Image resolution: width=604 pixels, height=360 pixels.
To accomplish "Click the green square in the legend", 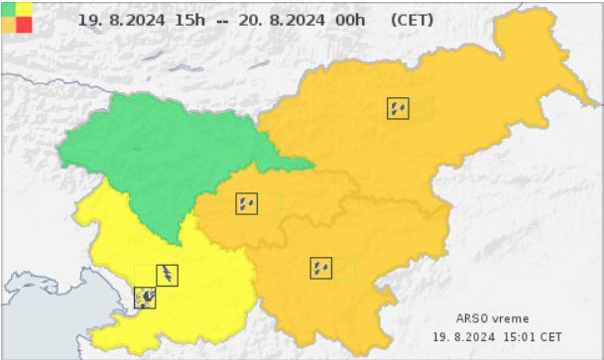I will point(9,8).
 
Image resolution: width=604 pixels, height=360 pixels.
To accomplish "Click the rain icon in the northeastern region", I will point(398,109).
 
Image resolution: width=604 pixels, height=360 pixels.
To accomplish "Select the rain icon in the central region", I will point(246,204).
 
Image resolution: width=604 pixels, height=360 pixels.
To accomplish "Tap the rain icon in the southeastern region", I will point(320,268).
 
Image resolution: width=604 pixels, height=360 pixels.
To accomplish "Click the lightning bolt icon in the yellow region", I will point(169,275).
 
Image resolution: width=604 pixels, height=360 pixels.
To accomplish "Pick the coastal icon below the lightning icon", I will point(145,298).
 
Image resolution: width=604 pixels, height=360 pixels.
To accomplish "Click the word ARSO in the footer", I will point(471,318).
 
